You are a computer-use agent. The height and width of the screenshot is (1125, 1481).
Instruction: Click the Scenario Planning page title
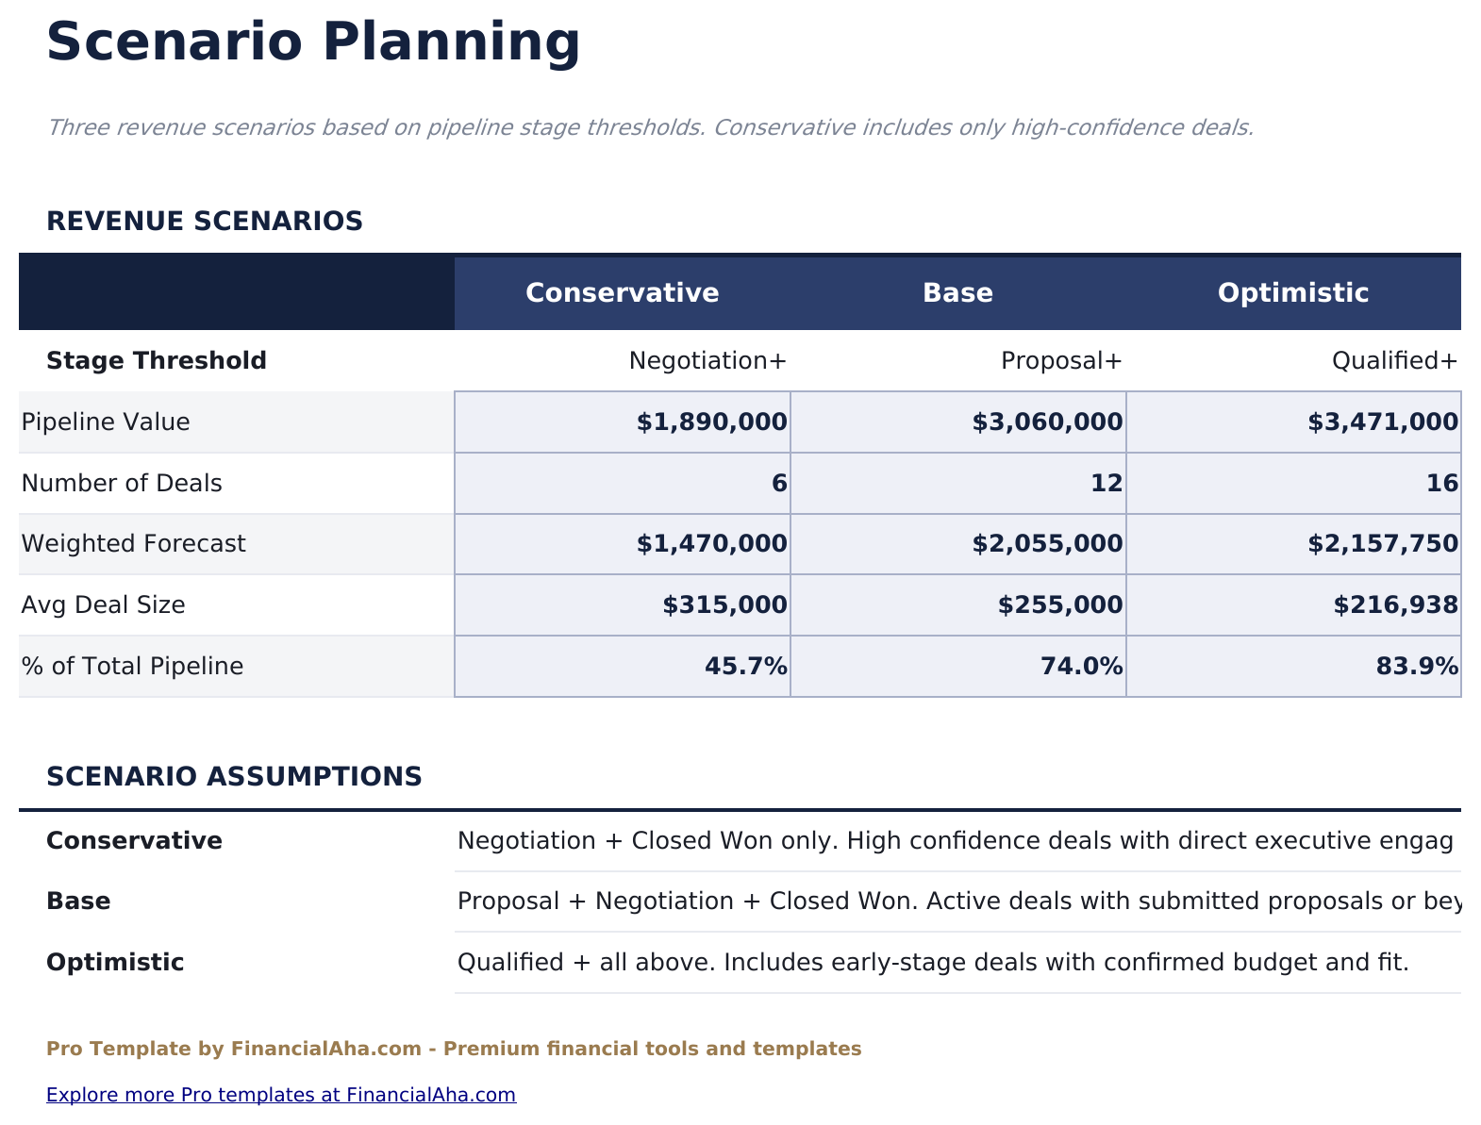click(313, 42)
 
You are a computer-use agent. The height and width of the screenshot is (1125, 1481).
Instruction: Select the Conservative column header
click(622, 292)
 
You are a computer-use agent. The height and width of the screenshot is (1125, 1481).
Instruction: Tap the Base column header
click(957, 292)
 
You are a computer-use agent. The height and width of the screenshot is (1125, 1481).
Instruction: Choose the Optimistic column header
click(1292, 292)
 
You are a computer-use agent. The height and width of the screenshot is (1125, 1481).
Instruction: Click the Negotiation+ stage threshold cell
click(707, 361)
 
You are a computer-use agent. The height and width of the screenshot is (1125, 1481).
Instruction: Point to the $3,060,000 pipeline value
click(1047, 422)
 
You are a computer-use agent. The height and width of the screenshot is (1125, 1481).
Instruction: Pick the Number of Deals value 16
click(1441, 484)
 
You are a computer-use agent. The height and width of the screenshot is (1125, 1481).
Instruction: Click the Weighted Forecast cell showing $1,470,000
click(711, 544)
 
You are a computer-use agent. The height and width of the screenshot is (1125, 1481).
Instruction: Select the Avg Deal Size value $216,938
click(1395, 605)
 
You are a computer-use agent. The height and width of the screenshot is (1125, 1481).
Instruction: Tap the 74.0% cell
click(1081, 667)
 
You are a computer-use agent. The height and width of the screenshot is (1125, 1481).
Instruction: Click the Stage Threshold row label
click(157, 361)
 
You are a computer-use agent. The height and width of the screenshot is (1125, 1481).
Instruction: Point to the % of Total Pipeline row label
click(132, 667)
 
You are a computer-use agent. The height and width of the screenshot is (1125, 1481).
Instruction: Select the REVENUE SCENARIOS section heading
click(205, 222)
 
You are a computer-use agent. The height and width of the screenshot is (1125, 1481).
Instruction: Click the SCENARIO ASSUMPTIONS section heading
click(234, 777)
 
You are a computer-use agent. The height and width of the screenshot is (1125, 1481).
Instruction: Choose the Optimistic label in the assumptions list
click(115, 963)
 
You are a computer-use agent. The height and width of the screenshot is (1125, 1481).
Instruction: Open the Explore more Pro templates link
click(281, 1095)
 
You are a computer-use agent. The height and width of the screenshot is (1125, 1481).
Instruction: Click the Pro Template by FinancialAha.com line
click(454, 1049)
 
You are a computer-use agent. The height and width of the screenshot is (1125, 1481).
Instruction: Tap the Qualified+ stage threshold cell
click(1394, 361)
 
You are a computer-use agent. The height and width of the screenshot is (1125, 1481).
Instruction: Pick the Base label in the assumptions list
click(78, 902)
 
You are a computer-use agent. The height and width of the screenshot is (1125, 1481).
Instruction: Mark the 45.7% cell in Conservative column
click(745, 667)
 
